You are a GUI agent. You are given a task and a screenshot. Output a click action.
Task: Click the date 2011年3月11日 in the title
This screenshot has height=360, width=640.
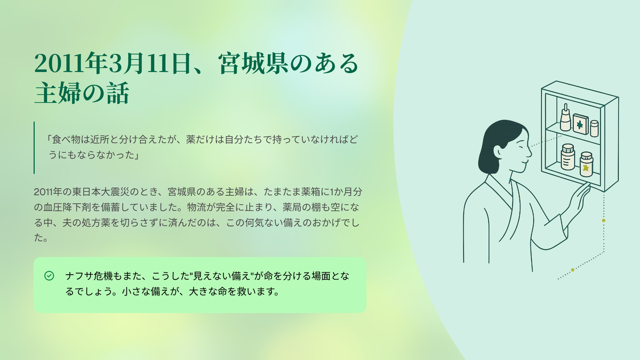tap(112, 63)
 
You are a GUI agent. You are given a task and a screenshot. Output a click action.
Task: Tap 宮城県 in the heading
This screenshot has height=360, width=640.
tap(253, 63)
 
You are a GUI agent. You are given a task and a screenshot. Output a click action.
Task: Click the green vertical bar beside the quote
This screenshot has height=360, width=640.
tap(34, 148)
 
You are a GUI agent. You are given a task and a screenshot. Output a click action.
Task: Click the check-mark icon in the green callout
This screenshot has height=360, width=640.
tap(49, 276)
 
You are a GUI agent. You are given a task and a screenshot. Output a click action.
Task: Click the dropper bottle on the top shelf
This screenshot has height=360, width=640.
tap(565, 117)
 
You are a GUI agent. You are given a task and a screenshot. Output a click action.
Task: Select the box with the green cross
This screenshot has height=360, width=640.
tap(580, 124)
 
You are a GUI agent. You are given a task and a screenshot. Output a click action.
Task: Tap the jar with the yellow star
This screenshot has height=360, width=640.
tap(586, 164)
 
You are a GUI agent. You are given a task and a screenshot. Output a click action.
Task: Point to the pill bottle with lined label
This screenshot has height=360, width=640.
tap(567, 157)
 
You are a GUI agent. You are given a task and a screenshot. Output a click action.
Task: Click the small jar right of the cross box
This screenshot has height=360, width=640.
tap(594, 129)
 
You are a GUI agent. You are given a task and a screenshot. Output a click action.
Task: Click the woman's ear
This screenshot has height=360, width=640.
tap(498, 152)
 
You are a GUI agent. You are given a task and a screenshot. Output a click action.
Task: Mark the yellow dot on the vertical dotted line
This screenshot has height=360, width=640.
tap(603, 221)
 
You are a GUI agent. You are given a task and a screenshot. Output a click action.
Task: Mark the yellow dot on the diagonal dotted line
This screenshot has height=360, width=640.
tap(573, 270)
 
